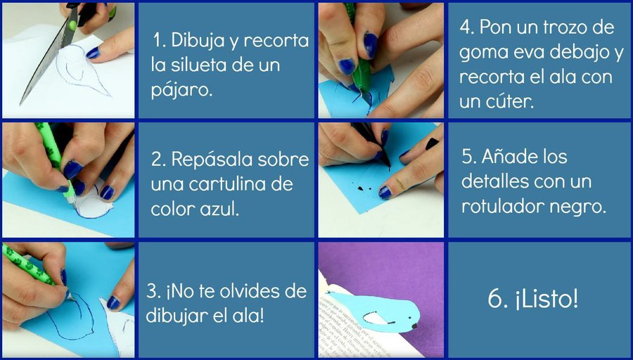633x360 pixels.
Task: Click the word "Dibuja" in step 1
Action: (x=196, y=41)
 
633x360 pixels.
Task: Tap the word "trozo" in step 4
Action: (x=557, y=27)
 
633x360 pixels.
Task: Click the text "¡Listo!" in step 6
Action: (x=546, y=299)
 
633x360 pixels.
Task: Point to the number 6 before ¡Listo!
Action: (x=495, y=300)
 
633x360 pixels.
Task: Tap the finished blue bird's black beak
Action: (x=414, y=326)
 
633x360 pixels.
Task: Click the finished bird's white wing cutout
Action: (x=376, y=318)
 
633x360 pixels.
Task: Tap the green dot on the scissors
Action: (x=72, y=25)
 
